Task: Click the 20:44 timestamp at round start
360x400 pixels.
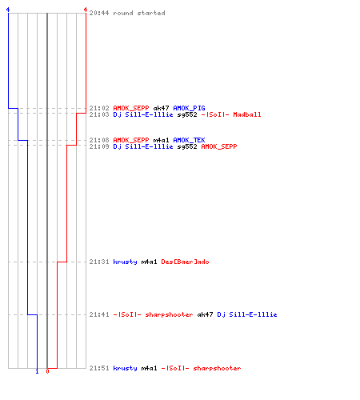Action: click(x=99, y=13)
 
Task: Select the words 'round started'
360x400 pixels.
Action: click(x=139, y=13)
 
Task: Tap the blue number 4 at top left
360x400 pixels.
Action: click(x=8, y=10)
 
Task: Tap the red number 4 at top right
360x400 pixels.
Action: click(x=86, y=10)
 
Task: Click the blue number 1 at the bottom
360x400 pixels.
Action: click(x=37, y=371)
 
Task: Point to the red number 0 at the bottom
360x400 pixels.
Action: click(x=47, y=371)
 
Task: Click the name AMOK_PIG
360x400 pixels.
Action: click(x=189, y=108)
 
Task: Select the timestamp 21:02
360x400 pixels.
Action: click(x=99, y=108)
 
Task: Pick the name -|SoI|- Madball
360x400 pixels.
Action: click(x=231, y=114)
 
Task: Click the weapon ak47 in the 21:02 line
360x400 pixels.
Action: click(x=161, y=108)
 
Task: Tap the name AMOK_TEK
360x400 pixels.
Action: click(x=189, y=140)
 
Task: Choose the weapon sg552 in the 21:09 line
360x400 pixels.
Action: click(x=187, y=146)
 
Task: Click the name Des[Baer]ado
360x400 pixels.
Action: click(x=185, y=262)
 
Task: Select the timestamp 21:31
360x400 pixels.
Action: click(x=99, y=262)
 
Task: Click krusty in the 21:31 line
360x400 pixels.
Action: click(x=125, y=262)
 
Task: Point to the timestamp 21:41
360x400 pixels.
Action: click(x=99, y=314)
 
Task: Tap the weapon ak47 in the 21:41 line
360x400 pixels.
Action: click(x=205, y=314)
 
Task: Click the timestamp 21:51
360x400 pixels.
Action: click(x=99, y=368)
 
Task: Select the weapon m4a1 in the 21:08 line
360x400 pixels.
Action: click(x=161, y=140)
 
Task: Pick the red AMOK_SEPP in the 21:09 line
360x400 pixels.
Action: click(x=219, y=146)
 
